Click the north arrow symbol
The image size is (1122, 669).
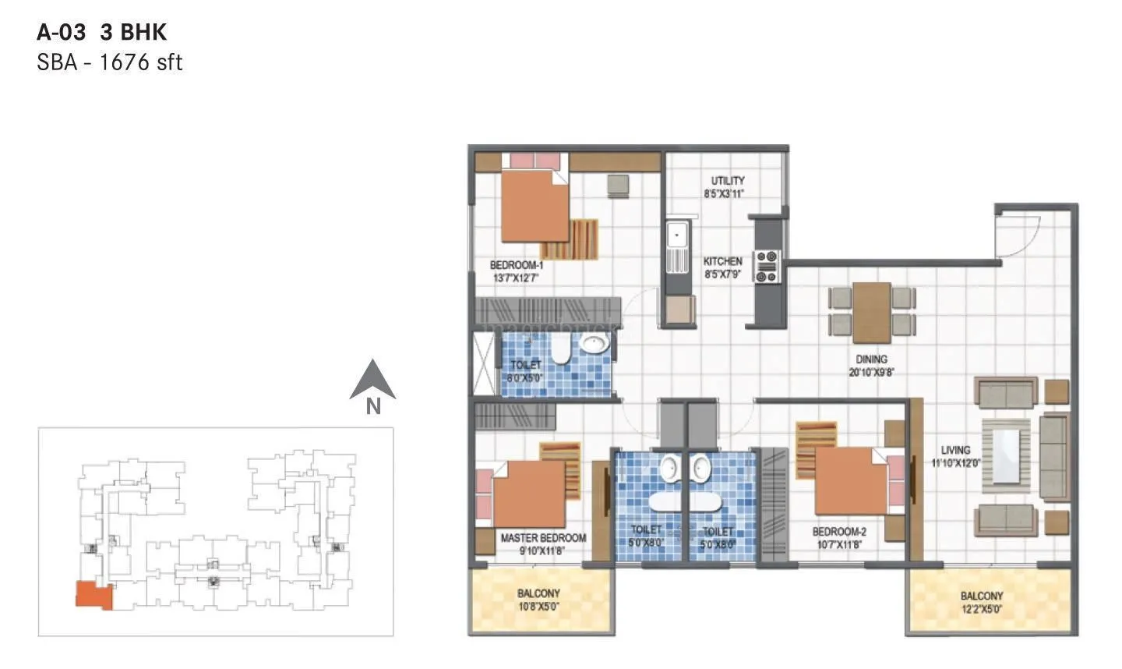click(x=372, y=381)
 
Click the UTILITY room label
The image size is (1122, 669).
click(x=727, y=186)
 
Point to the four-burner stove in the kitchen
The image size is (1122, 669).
click(x=766, y=266)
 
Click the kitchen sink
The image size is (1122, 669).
click(x=677, y=235)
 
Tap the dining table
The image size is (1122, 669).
click(x=872, y=312)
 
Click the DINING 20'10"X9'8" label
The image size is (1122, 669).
click(x=872, y=366)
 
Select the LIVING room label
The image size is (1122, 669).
click(x=955, y=455)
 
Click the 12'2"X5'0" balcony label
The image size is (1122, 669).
click(x=981, y=602)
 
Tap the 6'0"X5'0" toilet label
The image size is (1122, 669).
click(x=526, y=371)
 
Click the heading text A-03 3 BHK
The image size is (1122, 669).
click(x=102, y=32)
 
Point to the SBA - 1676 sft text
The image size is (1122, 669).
click(x=109, y=63)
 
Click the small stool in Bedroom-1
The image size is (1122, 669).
click(x=618, y=185)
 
